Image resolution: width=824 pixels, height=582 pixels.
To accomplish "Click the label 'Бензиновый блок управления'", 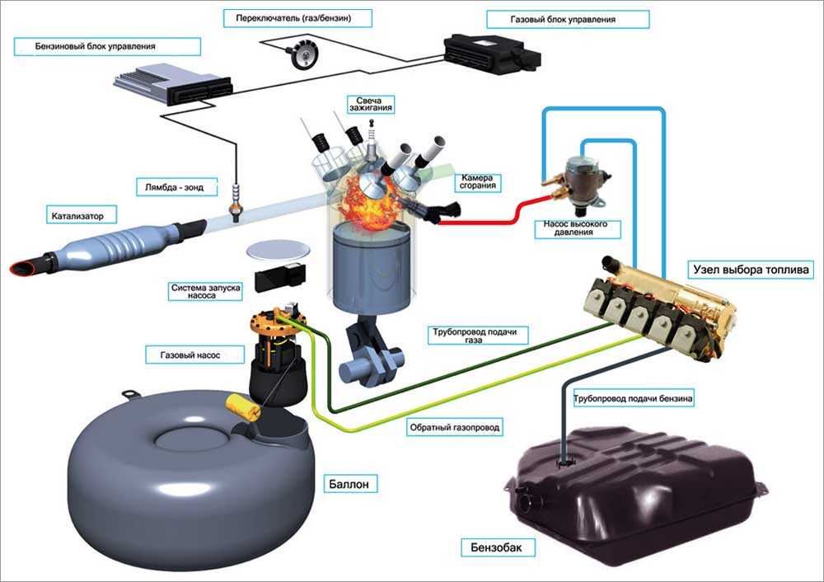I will pyautogui.click(x=85, y=47).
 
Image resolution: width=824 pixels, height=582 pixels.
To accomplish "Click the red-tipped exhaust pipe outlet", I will pyautogui.click(x=23, y=266).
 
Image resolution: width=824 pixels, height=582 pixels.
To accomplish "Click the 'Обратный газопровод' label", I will pyautogui.click(x=455, y=428).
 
